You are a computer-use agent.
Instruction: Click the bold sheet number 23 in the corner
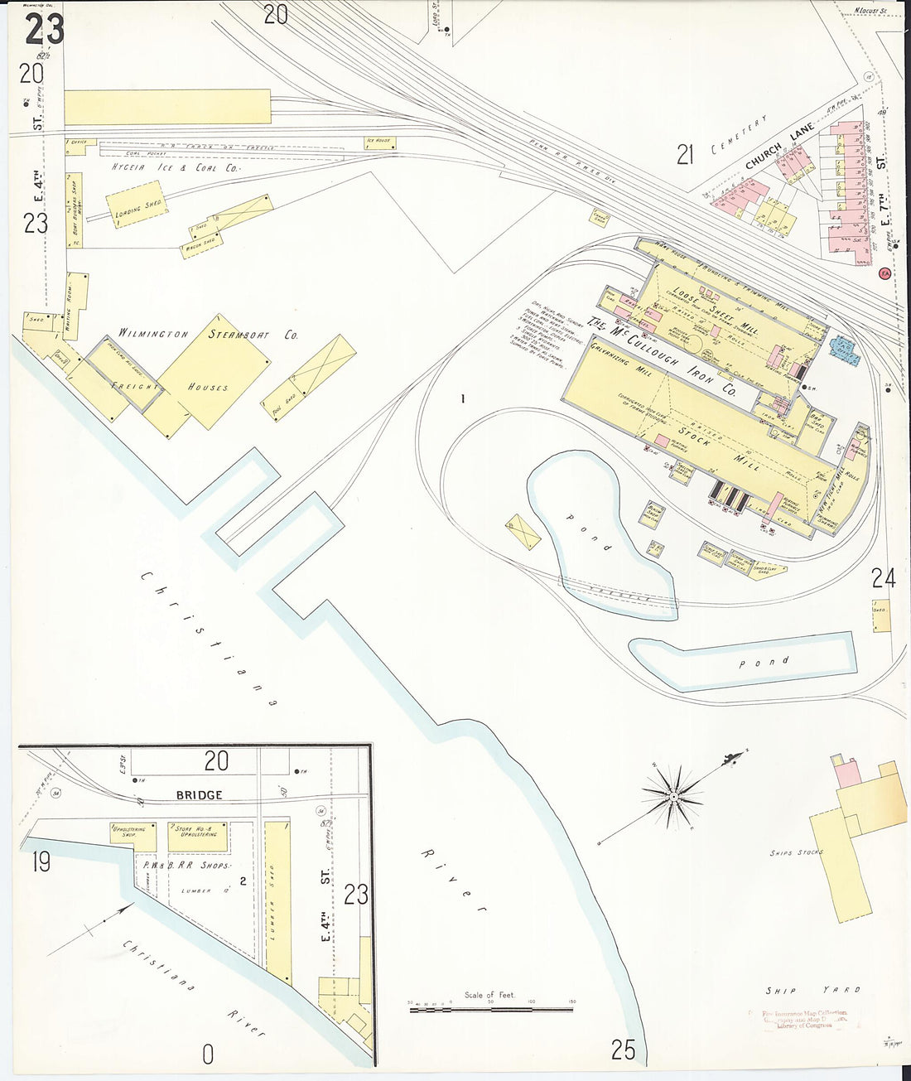pos(44,29)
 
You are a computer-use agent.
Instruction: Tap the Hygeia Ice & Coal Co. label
pos(175,168)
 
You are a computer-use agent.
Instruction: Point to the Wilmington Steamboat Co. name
pos(208,334)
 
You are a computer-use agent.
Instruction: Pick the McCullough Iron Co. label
pos(662,356)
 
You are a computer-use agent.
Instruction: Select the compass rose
pos(673,798)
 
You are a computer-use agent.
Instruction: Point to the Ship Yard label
pos(812,990)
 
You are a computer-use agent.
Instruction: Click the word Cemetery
pos(740,136)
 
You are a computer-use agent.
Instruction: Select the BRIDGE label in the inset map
pos(199,794)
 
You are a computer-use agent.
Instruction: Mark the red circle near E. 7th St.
pos(884,273)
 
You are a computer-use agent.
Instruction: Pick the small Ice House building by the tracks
pos(377,142)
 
